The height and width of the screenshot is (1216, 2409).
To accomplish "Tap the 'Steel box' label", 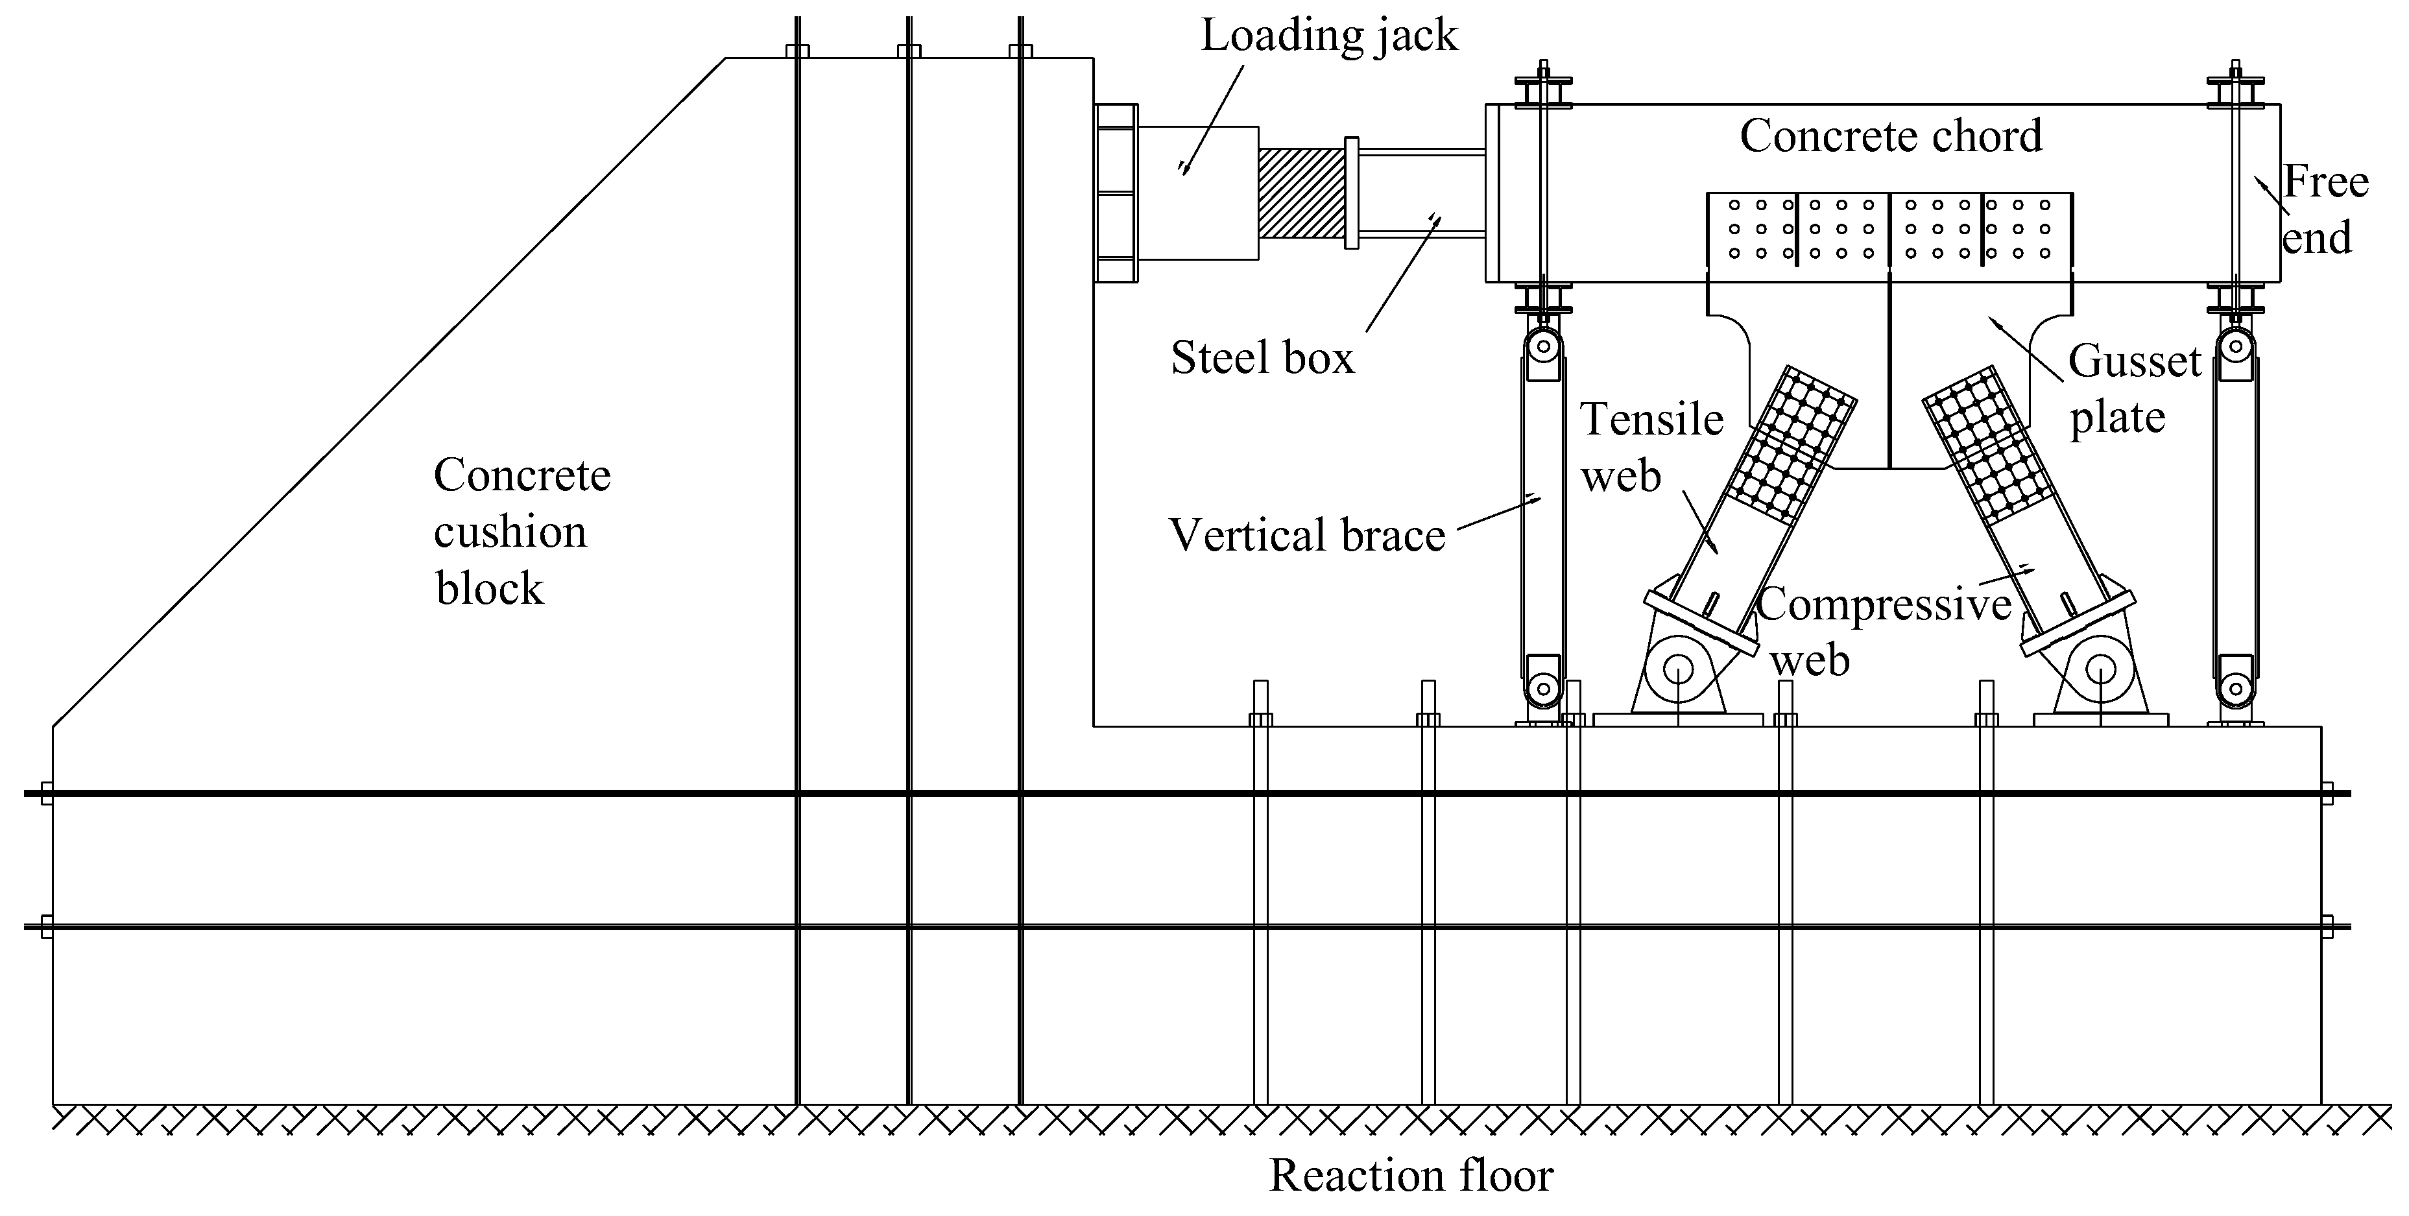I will point(1262,358).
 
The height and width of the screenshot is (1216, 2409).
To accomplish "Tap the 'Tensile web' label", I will point(1651,447).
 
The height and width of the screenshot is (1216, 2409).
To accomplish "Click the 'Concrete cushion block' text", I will point(521,531).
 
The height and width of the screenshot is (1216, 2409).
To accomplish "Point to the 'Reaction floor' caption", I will point(1410,1176).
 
